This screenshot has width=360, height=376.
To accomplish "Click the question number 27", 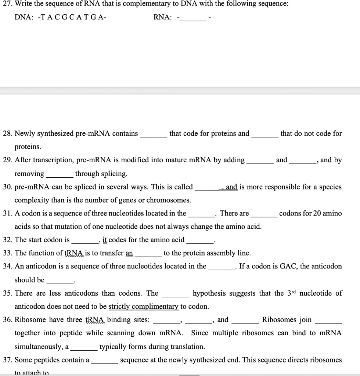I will tap(6, 4).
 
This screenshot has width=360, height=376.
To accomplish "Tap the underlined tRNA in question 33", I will tap(75, 253).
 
